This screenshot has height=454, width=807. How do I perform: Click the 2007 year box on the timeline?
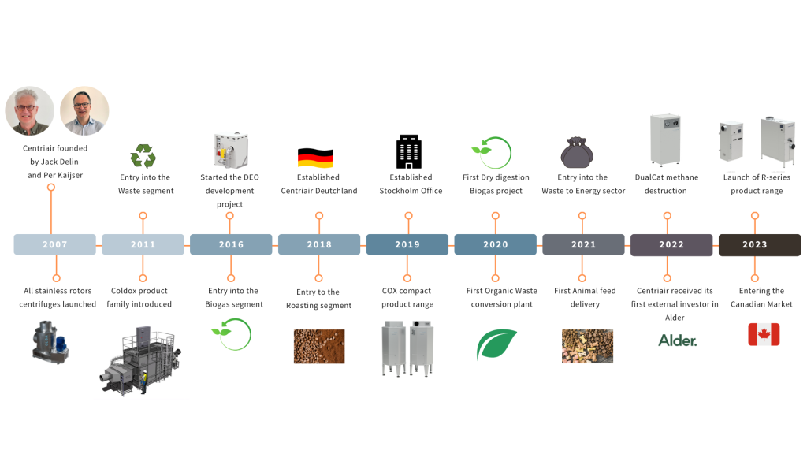pos(54,244)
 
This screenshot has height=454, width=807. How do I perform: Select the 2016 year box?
pos(231,244)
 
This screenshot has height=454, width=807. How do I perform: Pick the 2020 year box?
pos(495,244)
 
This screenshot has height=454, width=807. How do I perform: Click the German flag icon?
pos(315,158)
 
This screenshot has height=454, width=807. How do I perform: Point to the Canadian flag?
pos(763,335)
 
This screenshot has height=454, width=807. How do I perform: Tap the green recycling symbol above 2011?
pos(143,155)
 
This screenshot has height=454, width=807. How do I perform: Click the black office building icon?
pos(407,151)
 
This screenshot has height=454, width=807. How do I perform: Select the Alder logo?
pos(678,340)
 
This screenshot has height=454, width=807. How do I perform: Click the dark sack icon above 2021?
pos(582,152)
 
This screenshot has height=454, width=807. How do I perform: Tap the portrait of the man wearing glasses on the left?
pos(30,111)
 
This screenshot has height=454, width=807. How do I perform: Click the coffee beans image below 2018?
pos(318,346)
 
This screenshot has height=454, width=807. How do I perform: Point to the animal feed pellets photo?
pos(587,346)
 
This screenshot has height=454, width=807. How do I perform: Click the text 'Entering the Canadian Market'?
pos(761,298)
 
